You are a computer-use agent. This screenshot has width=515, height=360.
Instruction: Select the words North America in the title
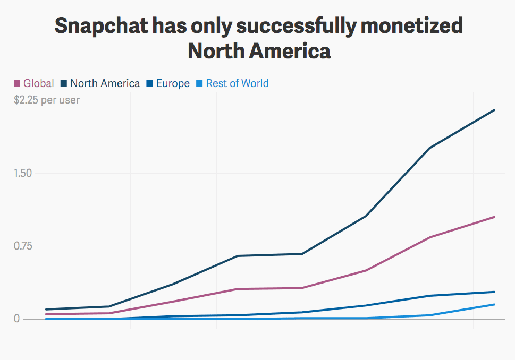click(x=259, y=52)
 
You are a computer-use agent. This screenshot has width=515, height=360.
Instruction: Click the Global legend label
click(x=39, y=83)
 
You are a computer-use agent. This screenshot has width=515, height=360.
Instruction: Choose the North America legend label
click(x=105, y=83)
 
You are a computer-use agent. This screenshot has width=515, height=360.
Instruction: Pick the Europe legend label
click(x=173, y=83)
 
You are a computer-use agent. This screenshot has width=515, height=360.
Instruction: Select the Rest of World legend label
click(x=237, y=83)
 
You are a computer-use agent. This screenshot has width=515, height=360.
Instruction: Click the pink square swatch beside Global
click(x=17, y=83)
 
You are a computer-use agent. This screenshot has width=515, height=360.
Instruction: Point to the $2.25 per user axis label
click(x=47, y=100)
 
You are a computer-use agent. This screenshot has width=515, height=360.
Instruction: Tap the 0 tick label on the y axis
click(x=17, y=319)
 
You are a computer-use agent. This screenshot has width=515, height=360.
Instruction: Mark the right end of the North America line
click(x=495, y=110)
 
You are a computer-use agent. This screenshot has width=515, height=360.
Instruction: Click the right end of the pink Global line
click(x=495, y=217)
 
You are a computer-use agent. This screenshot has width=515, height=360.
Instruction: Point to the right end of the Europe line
click(x=495, y=292)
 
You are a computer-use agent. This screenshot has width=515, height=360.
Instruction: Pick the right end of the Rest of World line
click(x=495, y=304)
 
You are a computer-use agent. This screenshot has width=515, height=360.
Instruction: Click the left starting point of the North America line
click(x=46, y=309)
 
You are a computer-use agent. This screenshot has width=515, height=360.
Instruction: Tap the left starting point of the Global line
click(x=46, y=314)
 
